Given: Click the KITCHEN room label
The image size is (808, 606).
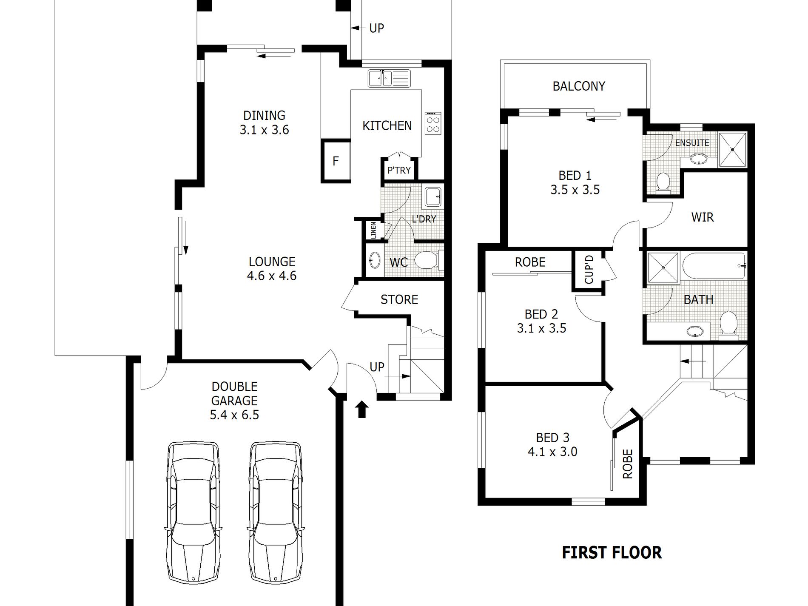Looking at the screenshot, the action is coord(387,126).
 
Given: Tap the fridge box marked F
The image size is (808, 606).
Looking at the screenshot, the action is coord(336,161).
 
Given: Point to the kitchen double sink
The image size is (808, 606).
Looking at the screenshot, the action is coord(390,78).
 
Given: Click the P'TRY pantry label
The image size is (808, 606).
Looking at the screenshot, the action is coord(399,171).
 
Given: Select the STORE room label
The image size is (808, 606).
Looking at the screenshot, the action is coord(399,300).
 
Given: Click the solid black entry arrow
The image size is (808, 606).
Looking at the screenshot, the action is coord(362,409).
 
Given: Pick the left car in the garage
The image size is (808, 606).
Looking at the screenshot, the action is coord(193,513).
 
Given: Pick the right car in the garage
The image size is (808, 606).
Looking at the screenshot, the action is coord(276,513).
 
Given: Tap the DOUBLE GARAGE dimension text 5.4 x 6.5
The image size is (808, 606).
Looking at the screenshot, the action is coord(234,415).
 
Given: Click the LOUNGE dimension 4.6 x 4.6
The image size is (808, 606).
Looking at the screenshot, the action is coord(272,276).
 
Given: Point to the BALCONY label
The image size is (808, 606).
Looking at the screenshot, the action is coord(579,86).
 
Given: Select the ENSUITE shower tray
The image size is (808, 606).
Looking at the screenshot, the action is coord(732,150).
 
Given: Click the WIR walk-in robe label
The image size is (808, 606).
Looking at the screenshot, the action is coord(703,217).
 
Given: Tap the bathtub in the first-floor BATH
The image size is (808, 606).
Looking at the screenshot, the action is coord(714,266).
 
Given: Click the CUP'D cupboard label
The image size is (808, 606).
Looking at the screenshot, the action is coord(589,269).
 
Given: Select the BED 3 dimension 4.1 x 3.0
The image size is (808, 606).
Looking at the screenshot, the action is coord(553,452).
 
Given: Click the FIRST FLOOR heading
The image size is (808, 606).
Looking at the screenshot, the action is coord(612,553).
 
